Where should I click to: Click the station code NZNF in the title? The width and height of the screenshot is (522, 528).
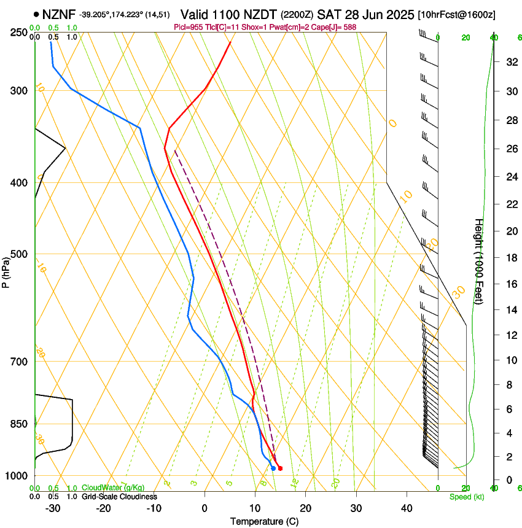[59, 14]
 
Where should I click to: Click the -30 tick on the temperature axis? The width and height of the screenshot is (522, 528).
[53, 508]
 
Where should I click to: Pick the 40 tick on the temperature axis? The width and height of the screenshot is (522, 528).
[406, 508]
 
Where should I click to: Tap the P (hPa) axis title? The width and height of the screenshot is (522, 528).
[6, 271]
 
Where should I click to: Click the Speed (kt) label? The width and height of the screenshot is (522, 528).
[466, 497]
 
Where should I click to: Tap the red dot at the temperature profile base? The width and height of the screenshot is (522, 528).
[280, 468]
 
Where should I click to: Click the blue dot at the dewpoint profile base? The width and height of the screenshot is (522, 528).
[273, 468]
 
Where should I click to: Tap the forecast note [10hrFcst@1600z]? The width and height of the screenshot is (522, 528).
[457, 14]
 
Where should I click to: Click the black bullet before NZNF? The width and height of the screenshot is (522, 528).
[37, 14]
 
